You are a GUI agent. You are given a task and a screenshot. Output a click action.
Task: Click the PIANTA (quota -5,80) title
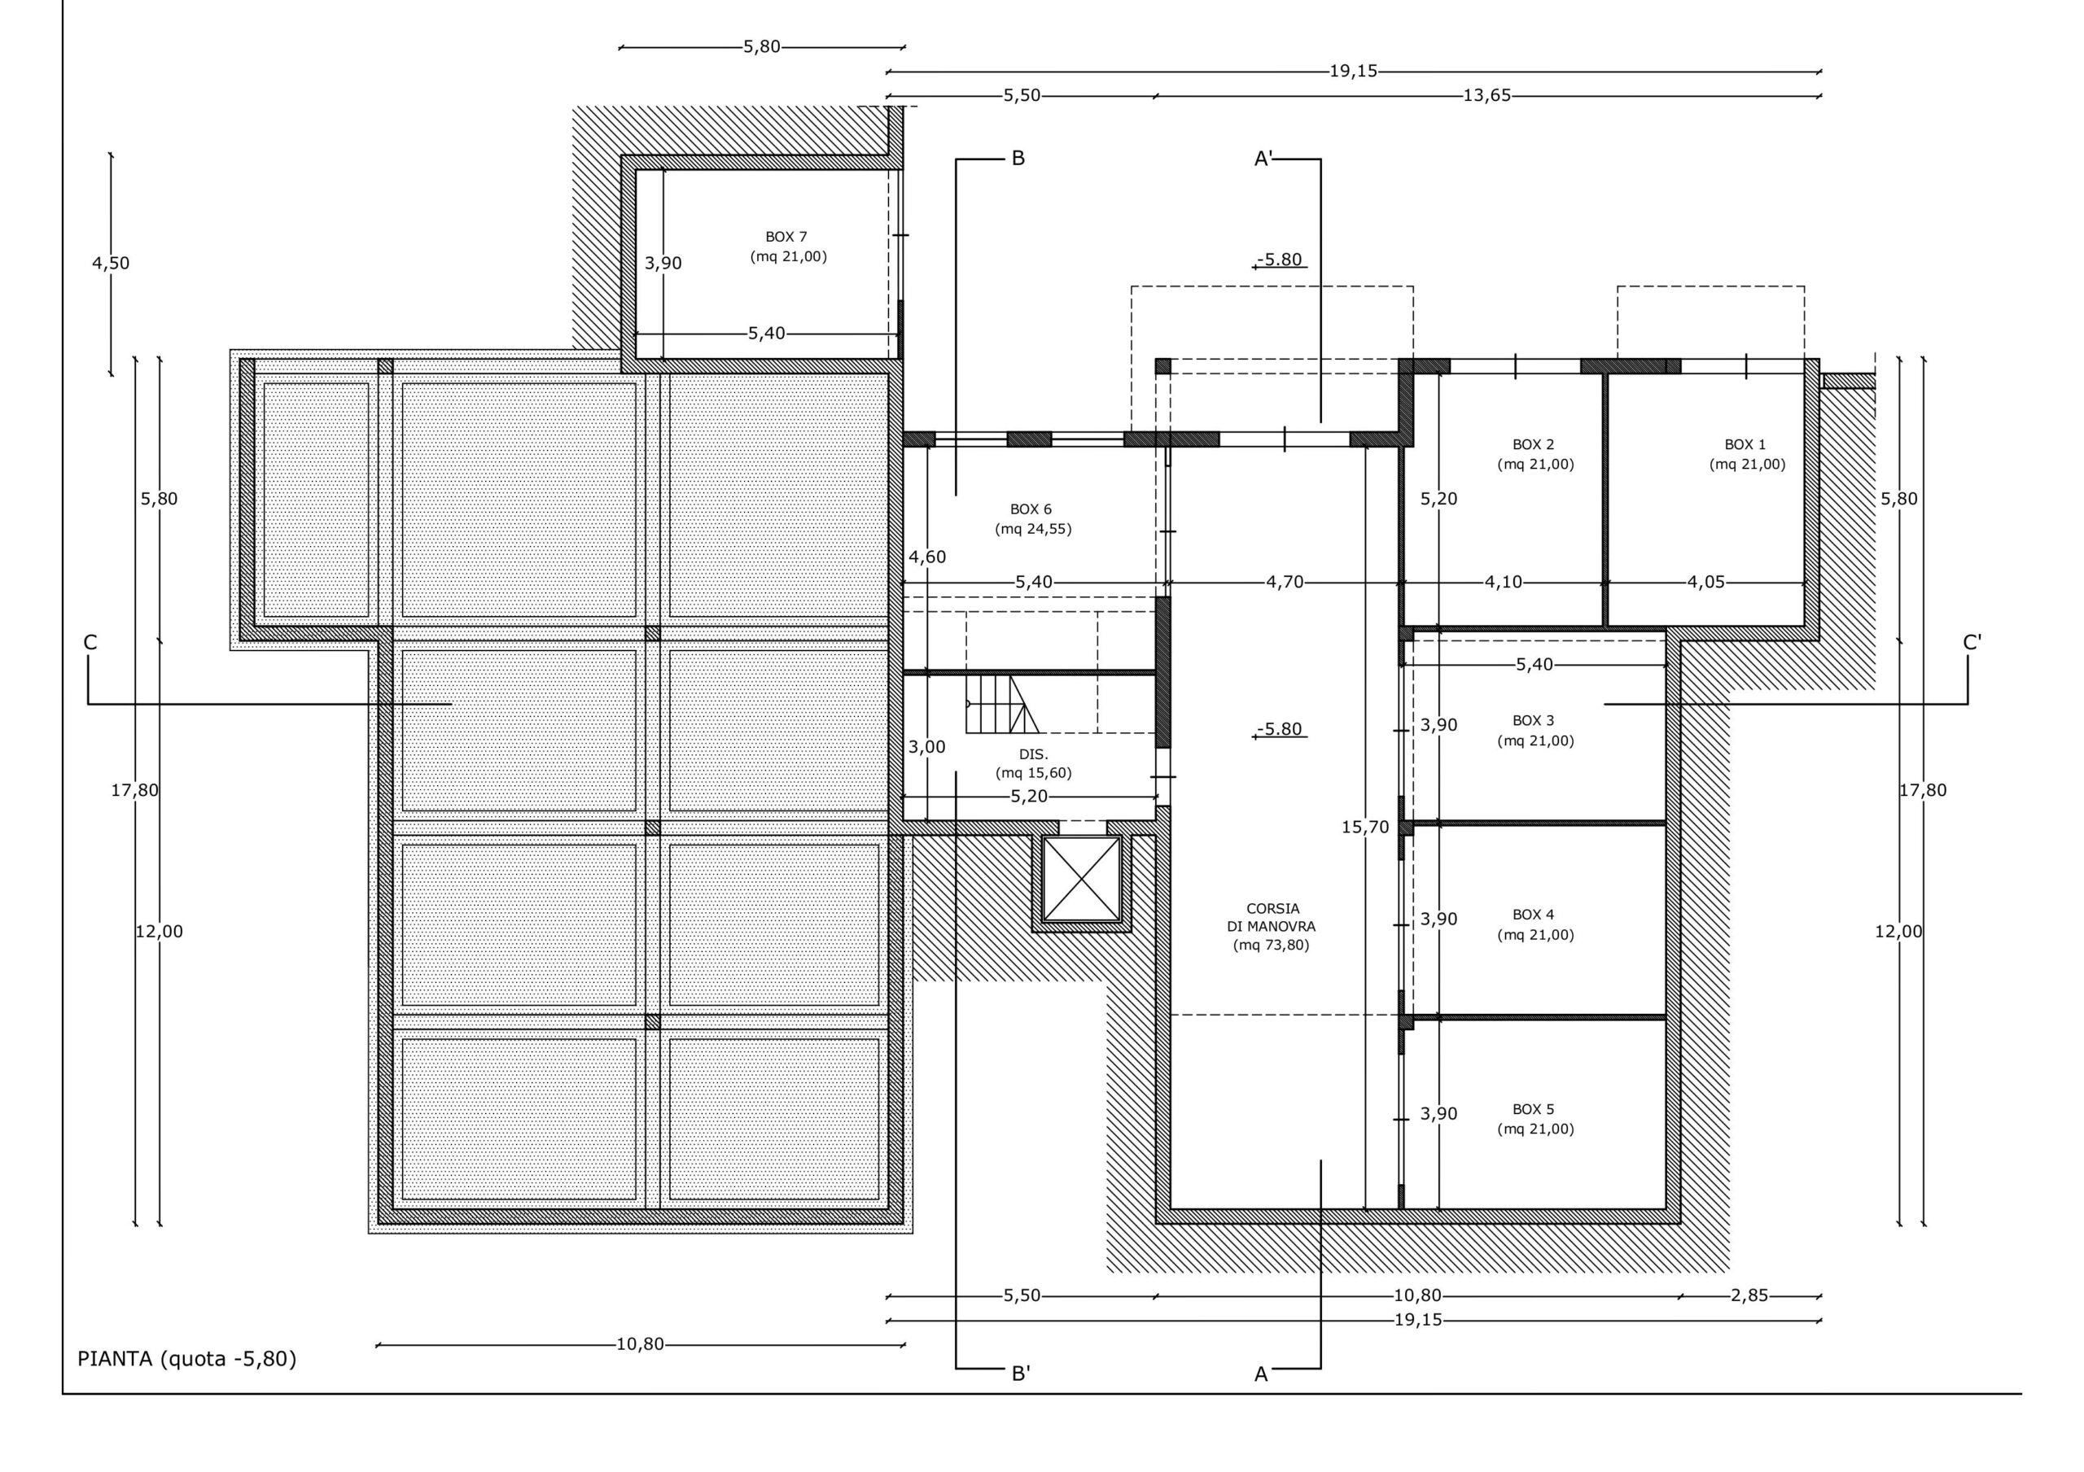point(187,1359)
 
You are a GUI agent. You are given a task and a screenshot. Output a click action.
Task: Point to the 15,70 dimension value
point(1365,827)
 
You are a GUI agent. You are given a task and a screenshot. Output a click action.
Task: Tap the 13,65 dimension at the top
point(1486,95)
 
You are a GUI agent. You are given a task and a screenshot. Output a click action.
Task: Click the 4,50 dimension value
point(111,263)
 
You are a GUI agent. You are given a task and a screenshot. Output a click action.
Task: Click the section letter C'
point(1972,643)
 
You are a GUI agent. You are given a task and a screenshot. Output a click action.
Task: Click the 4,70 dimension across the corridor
point(1285,582)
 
